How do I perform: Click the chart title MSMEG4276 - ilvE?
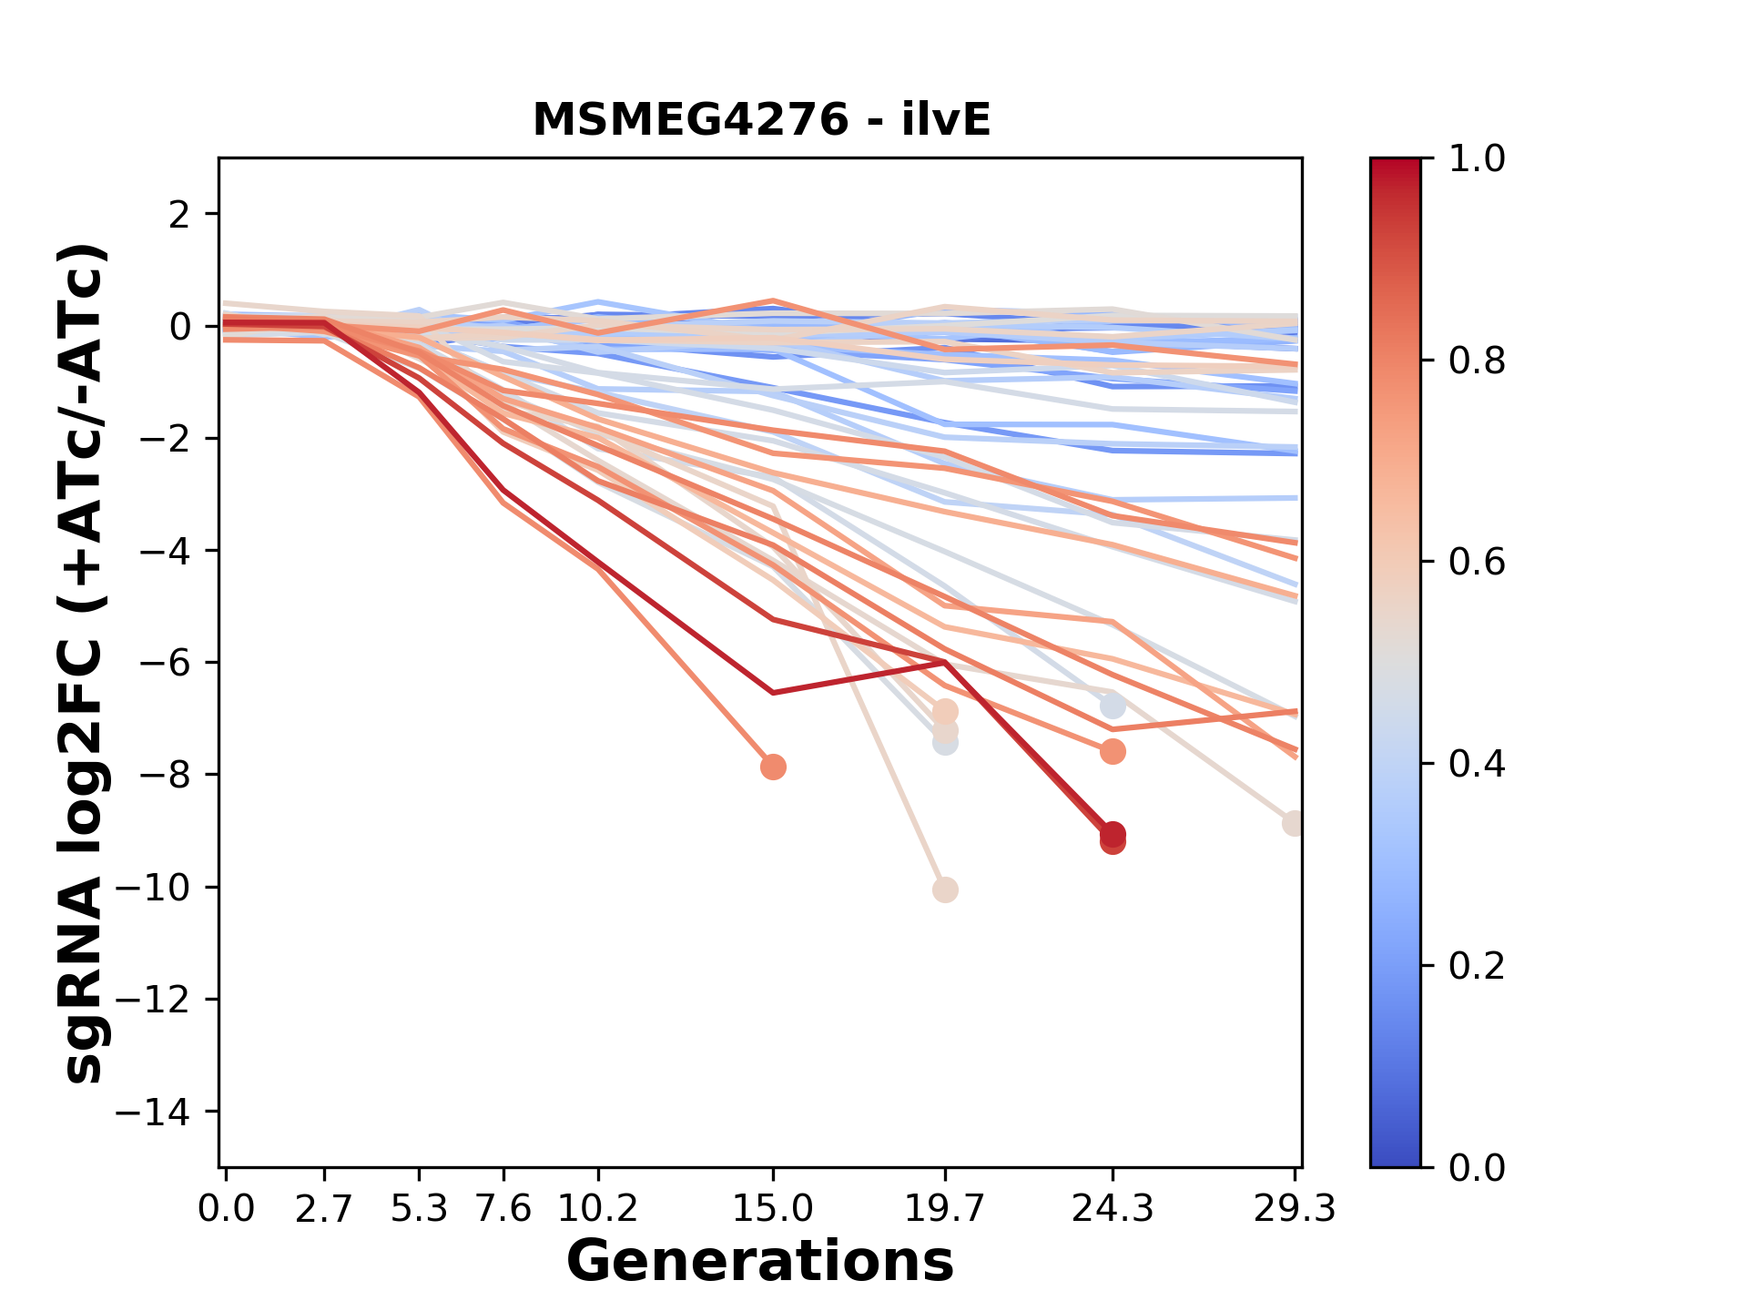tap(761, 120)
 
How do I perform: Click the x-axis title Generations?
tap(760, 1262)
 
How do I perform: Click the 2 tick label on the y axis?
tap(180, 215)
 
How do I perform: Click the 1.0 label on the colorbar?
tap(1477, 159)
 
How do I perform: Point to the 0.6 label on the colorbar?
tap(1477, 563)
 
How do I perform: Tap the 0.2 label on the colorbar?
tap(1477, 966)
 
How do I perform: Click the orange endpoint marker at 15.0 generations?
tap(773, 767)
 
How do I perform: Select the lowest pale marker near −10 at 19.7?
tap(945, 889)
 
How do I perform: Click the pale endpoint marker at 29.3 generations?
tap(1293, 824)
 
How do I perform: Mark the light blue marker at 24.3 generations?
tap(1112, 706)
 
